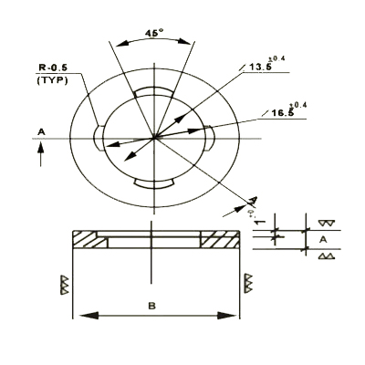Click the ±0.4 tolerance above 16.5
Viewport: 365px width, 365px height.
(x=298, y=104)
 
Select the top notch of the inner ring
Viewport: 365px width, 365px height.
(x=153, y=92)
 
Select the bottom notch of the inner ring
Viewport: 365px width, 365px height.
(x=153, y=183)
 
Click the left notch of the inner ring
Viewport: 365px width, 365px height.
(x=99, y=138)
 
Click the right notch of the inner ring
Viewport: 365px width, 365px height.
(x=209, y=138)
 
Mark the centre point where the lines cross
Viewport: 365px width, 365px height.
(x=154, y=138)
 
